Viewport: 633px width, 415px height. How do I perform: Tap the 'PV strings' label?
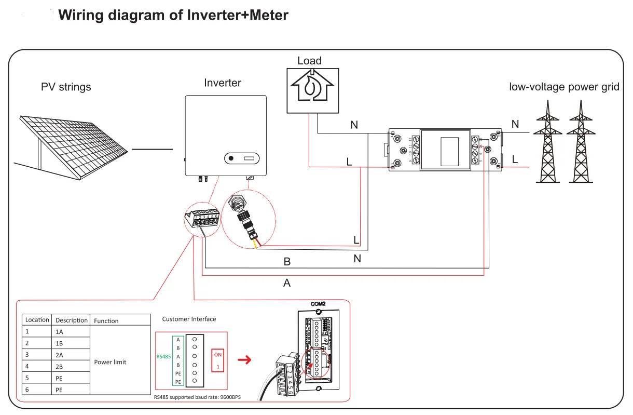(x=66, y=87)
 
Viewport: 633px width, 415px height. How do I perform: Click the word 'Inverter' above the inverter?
(x=223, y=83)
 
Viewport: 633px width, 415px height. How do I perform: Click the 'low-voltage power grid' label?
(x=564, y=87)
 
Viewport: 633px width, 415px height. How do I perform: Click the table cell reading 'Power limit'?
(x=110, y=362)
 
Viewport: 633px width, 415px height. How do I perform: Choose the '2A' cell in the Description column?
(x=60, y=355)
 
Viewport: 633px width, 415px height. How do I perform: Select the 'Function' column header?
(x=106, y=320)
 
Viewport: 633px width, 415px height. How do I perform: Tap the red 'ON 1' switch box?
(x=218, y=360)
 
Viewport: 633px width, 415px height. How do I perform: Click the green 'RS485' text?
(x=163, y=357)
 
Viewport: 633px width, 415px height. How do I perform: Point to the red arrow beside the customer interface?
(x=243, y=359)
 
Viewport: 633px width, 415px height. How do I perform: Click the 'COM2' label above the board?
(x=318, y=303)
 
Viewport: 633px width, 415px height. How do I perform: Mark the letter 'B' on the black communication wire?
(x=287, y=262)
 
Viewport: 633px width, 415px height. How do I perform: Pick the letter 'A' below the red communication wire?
(x=287, y=283)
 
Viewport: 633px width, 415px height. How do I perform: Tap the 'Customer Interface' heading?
(x=189, y=319)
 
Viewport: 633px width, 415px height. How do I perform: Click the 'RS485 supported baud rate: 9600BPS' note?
(x=198, y=397)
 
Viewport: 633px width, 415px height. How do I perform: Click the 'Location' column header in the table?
(x=37, y=320)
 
